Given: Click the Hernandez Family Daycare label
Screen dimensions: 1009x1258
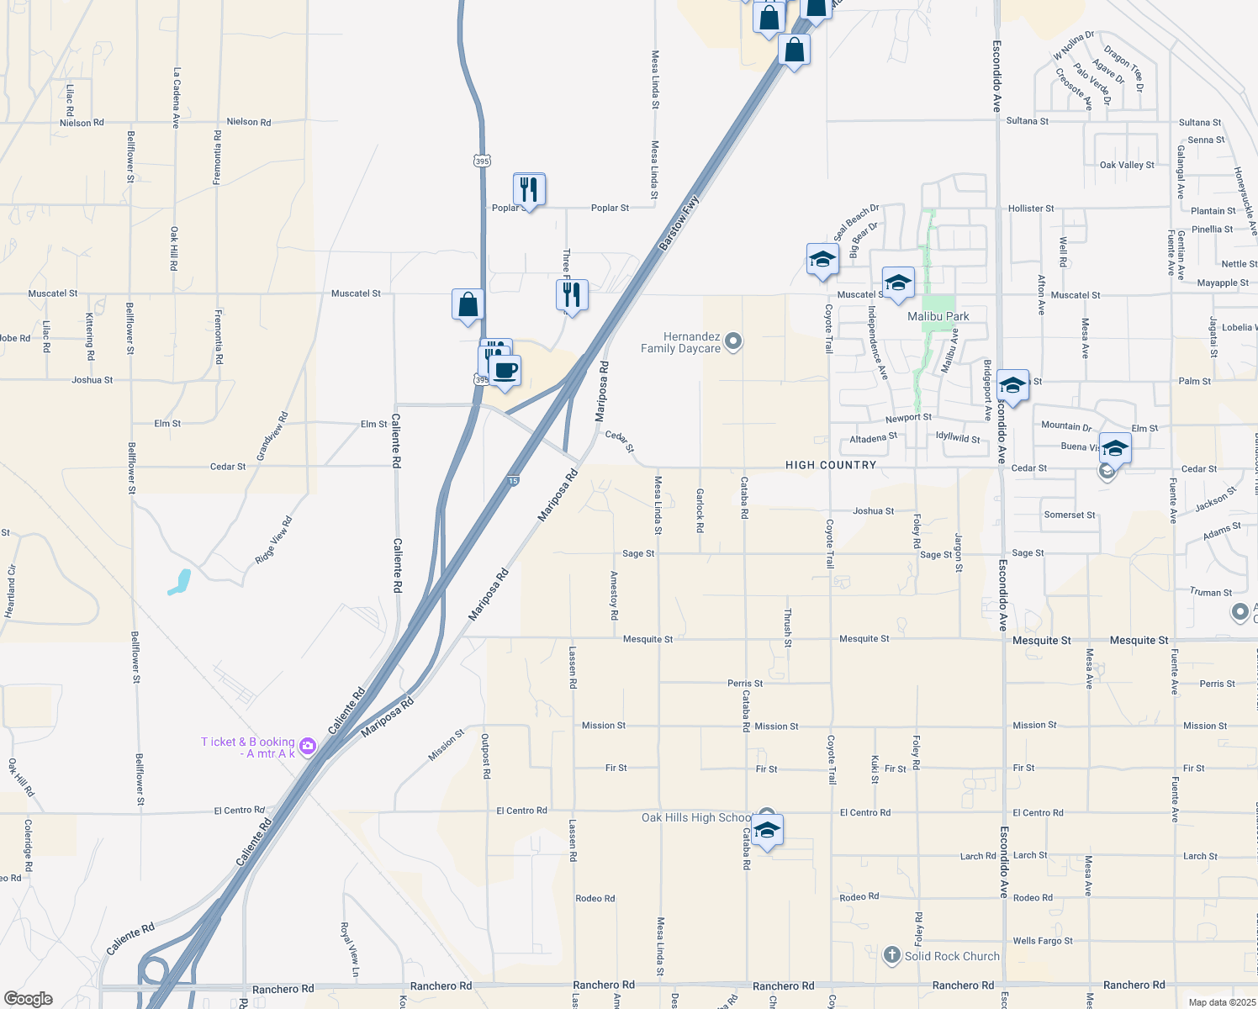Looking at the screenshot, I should (x=681, y=342).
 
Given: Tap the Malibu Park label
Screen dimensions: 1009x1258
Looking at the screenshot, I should (x=938, y=316).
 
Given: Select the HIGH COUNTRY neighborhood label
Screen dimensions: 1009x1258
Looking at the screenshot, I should (x=831, y=465).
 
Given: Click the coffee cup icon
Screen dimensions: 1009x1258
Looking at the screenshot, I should (x=505, y=371).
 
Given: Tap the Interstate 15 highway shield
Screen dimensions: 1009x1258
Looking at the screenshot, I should (x=514, y=481).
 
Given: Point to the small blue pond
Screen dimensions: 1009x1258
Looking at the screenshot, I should (x=180, y=582).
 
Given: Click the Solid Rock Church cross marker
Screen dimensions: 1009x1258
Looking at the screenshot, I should (x=892, y=955).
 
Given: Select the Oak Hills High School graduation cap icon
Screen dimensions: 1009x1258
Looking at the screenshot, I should (x=767, y=831).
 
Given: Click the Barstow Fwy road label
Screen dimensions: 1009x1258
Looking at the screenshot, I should (x=679, y=223).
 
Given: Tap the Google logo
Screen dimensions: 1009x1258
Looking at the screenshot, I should (x=29, y=998).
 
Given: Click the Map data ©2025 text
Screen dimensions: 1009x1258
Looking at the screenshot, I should (x=1222, y=1002).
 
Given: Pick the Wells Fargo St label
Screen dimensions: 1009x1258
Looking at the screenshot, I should (x=1043, y=941).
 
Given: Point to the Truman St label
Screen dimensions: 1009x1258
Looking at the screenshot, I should (x=1211, y=592).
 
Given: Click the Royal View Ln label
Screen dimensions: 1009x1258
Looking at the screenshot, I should (x=349, y=949).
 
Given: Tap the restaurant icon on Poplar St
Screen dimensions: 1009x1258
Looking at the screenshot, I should (x=529, y=190).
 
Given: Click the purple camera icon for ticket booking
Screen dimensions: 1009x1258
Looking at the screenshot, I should (x=308, y=746).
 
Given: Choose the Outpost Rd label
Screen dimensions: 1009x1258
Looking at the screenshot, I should (x=486, y=756).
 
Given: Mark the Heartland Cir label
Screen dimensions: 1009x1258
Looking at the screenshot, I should (x=10, y=591).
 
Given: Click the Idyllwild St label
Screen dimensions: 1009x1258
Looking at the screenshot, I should (x=958, y=438).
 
